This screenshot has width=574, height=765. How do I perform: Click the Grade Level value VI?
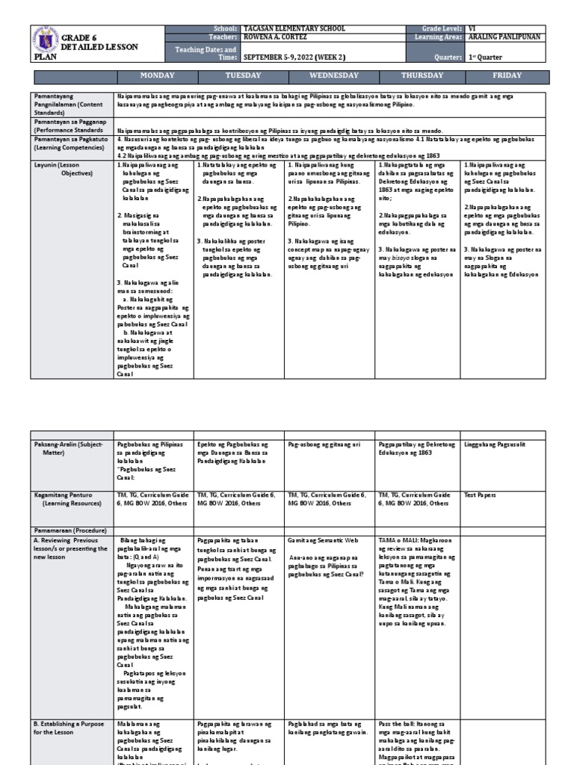pos(472,28)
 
